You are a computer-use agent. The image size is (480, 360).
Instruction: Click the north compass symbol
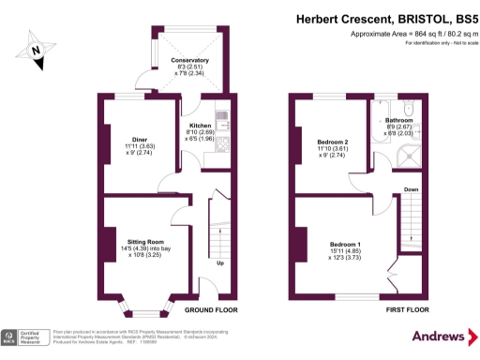pyautogui.click(x=35, y=51)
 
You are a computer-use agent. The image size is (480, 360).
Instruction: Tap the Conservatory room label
pyautogui.click(x=189, y=60)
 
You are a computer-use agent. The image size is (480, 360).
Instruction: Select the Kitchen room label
pyautogui.click(x=201, y=126)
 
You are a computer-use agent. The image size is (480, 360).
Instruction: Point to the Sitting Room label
pyautogui.click(x=146, y=241)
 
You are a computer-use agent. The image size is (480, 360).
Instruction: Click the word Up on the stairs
pyautogui.click(x=218, y=263)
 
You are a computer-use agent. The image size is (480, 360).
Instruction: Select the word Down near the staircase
pyautogui.click(x=411, y=189)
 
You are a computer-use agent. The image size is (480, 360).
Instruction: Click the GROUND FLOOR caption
pyautogui.click(x=210, y=309)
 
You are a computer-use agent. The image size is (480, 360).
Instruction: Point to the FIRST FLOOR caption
pyautogui.click(x=407, y=308)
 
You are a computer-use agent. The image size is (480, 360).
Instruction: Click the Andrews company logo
pyautogui.click(x=439, y=337)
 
